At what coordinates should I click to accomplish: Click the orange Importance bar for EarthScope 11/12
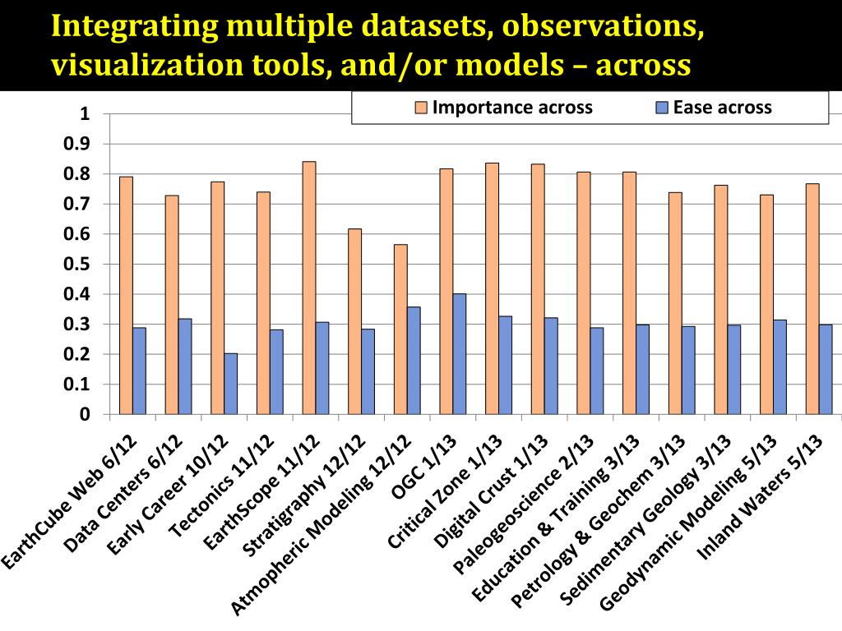(309, 288)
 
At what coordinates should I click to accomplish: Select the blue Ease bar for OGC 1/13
(460, 354)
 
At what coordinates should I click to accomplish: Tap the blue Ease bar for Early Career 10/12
(230, 384)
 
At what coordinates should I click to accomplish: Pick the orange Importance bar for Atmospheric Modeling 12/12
(400, 329)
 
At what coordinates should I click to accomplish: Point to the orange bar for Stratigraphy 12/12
(354, 321)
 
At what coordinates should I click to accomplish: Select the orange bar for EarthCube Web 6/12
(126, 295)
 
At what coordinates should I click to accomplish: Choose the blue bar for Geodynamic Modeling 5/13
(780, 366)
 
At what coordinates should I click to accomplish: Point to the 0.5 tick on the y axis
(84, 265)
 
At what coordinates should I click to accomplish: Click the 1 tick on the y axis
(84, 114)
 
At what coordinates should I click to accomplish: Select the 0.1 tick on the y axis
(84, 385)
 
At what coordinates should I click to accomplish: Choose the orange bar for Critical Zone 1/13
(492, 288)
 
